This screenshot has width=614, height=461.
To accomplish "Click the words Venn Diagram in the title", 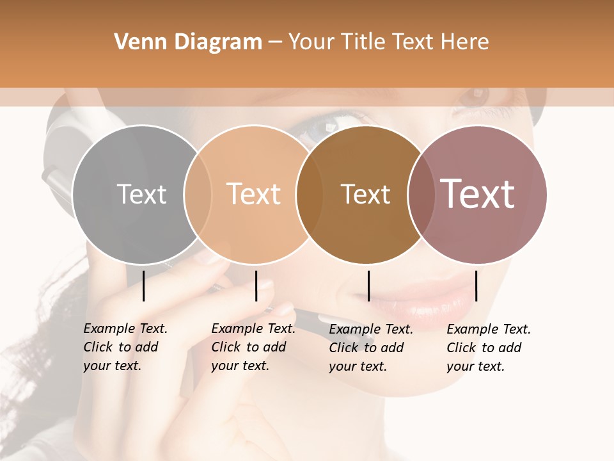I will (x=188, y=42).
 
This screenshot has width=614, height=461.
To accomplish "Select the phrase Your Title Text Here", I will (x=388, y=42).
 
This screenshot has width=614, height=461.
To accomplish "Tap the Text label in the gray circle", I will (x=141, y=194).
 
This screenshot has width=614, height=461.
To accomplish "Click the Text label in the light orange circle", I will (x=254, y=194).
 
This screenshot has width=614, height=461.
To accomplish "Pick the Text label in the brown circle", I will (x=365, y=194).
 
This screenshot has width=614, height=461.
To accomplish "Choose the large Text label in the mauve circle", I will (x=478, y=194).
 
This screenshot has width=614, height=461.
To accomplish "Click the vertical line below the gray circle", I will (x=144, y=286).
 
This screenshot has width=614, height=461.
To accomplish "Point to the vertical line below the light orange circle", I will (x=256, y=286).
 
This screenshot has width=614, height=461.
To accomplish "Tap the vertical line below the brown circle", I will (x=368, y=286).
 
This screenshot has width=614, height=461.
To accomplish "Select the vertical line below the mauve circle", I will (x=476, y=286).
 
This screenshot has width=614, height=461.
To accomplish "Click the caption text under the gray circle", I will (x=125, y=347).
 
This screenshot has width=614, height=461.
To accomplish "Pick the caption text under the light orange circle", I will (x=253, y=347).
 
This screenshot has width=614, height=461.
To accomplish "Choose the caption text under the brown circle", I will (x=370, y=348).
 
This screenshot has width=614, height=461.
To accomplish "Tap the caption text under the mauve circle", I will (x=488, y=348).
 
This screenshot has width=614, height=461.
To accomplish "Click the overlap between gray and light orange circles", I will (x=198, y=194).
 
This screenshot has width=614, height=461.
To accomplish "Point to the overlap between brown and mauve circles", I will (x=419, y=194).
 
